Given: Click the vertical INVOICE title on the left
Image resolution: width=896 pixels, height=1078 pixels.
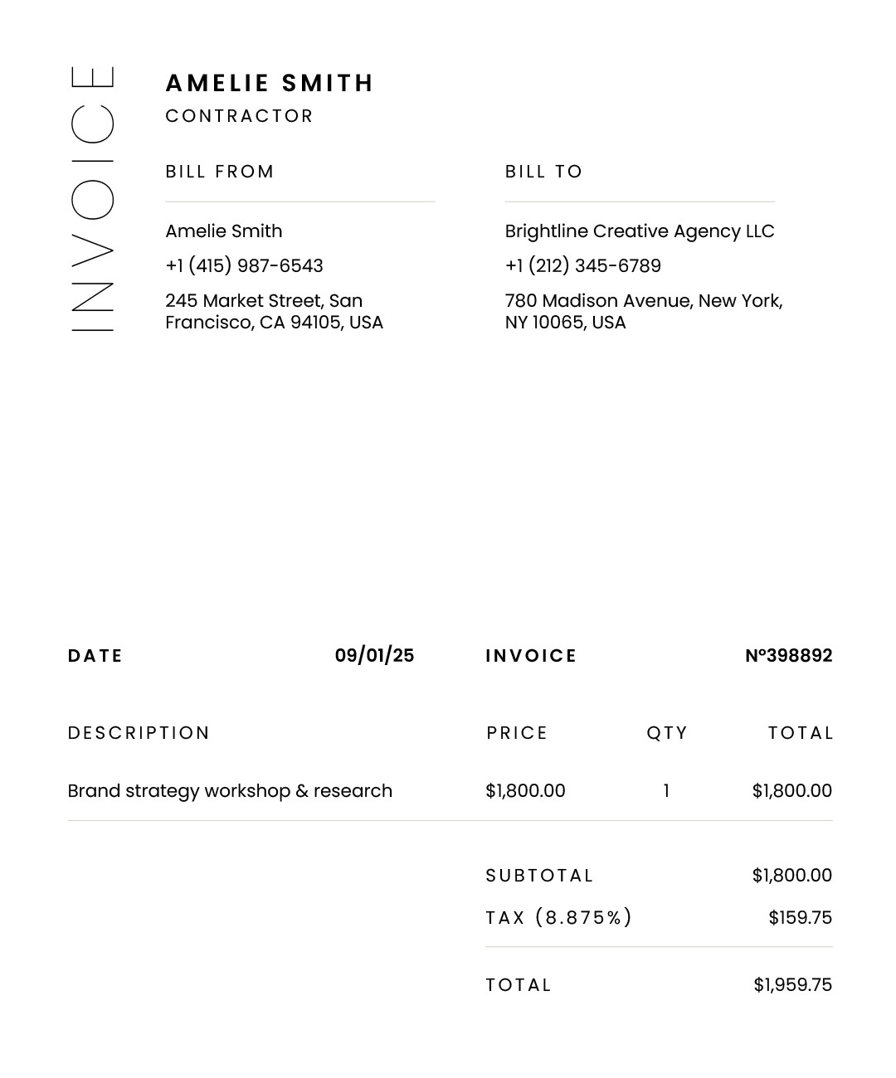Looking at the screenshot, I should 92,199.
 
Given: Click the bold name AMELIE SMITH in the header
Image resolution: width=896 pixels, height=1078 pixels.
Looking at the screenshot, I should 270,84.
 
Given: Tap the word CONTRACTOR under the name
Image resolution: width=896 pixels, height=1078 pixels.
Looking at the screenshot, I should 239,116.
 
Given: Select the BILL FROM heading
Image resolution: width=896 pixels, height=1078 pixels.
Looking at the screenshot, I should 219,172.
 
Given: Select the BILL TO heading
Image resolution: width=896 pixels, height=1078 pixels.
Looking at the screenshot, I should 543,172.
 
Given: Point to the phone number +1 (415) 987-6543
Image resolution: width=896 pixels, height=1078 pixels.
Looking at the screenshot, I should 244,266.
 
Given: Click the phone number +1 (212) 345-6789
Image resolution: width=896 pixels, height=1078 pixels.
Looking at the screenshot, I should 582,266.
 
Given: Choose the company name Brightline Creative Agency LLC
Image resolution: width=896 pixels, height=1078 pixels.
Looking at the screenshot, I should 639,231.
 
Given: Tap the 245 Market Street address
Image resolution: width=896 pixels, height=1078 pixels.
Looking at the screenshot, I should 274,312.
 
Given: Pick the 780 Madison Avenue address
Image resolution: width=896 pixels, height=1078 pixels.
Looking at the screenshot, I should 643,312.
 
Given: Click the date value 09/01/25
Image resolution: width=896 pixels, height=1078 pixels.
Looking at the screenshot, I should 374,656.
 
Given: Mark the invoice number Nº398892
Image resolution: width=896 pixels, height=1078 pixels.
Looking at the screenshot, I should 788,656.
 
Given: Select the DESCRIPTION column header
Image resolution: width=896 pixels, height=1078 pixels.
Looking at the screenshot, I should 139,733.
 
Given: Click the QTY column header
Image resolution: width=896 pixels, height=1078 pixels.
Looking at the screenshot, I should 667,733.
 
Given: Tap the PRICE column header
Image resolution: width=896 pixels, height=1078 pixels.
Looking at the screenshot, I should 517,733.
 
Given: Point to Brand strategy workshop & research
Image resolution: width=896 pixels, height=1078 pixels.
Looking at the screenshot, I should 230,791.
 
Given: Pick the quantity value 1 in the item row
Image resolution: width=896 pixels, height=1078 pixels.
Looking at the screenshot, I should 666,791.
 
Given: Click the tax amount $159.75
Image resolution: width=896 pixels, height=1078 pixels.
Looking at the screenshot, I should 800,918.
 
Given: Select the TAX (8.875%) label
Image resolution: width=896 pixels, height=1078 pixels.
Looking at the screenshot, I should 558,918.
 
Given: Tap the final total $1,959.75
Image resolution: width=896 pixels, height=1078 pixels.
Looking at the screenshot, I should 792,985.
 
